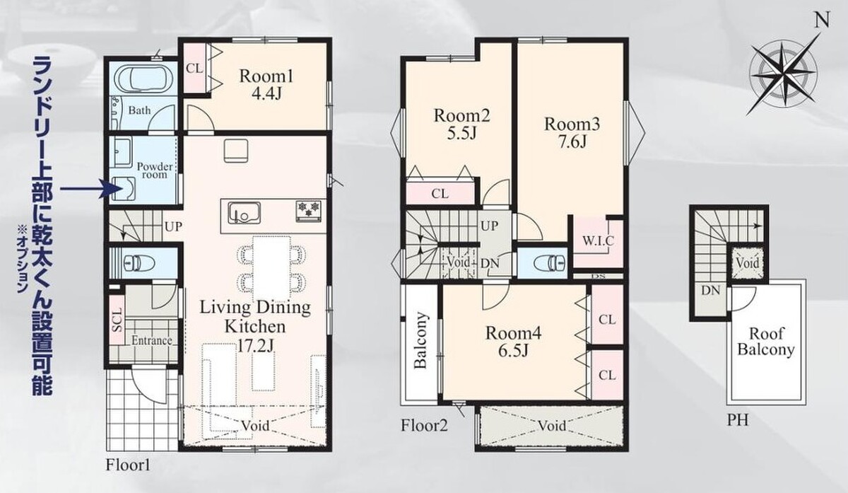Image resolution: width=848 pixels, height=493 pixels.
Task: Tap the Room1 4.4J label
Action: tap(266, 85)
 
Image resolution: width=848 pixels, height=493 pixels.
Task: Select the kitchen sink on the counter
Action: tap(244, 213)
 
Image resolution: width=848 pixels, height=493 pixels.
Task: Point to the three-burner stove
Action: tap(309, 211)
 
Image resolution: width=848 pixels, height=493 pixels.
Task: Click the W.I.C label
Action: tap(598, 240)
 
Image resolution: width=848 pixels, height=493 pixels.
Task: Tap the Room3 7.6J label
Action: tap(572, 133)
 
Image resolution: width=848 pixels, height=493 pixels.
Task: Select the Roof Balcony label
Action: tap(766, 342)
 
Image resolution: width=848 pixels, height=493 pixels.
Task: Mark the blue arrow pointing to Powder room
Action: tap(88, 187)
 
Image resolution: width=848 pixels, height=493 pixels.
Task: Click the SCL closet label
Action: tap(118, 320)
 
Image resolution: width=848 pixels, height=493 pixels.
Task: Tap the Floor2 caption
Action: tap(425, 426)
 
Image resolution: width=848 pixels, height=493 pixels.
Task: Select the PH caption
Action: tap(738, 420)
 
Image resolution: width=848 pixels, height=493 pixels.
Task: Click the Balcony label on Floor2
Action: tap(420, 340)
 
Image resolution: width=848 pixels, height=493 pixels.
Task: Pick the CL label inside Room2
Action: tap(440, 194)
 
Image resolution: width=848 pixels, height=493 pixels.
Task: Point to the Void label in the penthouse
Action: tap(748, 263)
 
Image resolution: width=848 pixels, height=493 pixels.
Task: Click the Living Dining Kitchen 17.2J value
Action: tap(255, 345)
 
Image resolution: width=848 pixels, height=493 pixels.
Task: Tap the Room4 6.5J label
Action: tap(514, 342)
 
